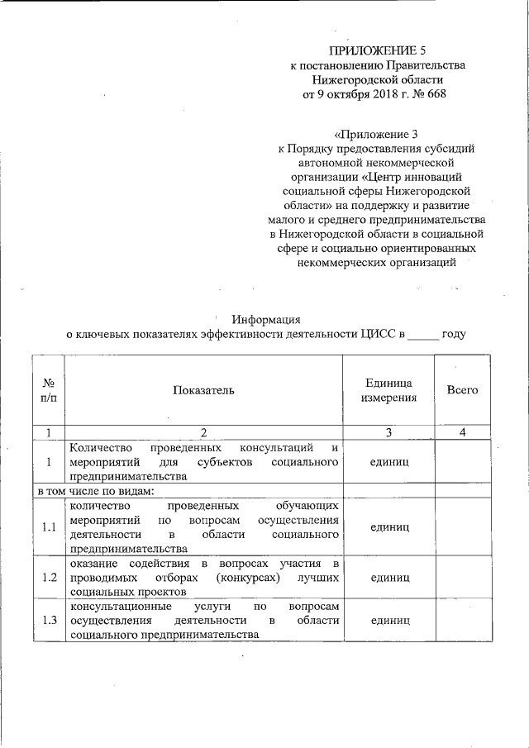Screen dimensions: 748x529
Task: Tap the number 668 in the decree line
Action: click(435, 93)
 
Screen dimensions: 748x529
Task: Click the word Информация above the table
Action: click(266, 320)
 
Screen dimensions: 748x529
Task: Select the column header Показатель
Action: click(204, 389)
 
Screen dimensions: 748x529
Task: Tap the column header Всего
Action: click(462, 389)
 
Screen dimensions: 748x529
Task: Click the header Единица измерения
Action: click(388, 389)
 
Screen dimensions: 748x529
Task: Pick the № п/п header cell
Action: click(49, 389)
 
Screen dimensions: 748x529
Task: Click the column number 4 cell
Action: click(462, 431)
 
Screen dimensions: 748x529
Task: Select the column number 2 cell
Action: click(204, 431)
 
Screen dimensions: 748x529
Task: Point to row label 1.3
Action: click(49, 621)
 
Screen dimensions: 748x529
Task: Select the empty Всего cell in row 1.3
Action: click(462, 621)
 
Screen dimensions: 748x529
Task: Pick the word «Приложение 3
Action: click(370, 134)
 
